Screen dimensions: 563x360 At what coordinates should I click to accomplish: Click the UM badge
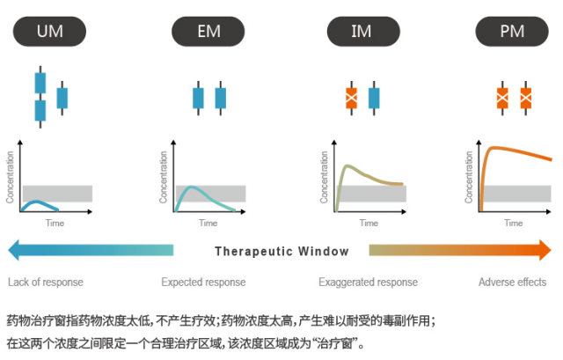tap(49, 32)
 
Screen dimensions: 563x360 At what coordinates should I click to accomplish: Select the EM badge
tap(208, 32)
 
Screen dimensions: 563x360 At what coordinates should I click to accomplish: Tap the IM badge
tap(363, 32)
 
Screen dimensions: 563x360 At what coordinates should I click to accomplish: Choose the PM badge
tap(512, 32)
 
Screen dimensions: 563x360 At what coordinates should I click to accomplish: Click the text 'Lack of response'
tap(46, 282)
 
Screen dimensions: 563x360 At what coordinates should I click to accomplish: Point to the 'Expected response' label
tap(203, 282)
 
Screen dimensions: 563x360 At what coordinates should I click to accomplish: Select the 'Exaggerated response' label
tap(368, 282)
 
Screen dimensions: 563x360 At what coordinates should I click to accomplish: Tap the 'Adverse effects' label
tap(512, 282)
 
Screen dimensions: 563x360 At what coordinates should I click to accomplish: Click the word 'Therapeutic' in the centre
tap(254, 252)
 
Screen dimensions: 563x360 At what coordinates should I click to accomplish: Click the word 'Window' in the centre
tap(324, 251)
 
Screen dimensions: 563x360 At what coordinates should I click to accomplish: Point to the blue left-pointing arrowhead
tap(13, 250)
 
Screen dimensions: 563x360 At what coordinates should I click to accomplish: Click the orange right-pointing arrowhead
tap(545, 250)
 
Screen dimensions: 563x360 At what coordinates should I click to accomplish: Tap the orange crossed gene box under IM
tap(352, 98)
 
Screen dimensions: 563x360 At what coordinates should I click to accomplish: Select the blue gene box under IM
tap(374, 98)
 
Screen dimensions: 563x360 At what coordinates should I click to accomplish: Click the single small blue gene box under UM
tap(62, 98)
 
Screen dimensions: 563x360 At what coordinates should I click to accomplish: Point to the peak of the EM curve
tap(192, 187)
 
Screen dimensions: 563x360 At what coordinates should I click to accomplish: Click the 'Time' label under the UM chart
tap(55, 223)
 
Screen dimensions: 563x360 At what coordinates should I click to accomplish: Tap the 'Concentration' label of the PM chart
tap(469, 177)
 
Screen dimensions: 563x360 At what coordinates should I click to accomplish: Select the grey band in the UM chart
tap(57, 194)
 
